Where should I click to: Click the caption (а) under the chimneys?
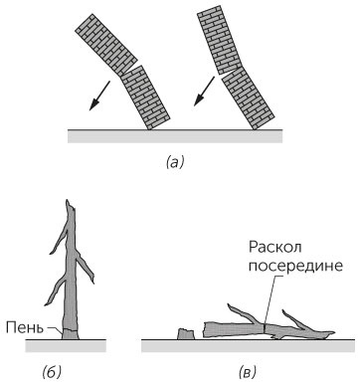174,163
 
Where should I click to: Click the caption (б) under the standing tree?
52,373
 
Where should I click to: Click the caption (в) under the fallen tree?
247,373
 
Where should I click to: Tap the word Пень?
25,327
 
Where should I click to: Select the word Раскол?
274,247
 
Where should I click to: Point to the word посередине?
295,266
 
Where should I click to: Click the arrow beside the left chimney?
98,96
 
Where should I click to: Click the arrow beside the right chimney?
204,91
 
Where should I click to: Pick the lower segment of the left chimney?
145,97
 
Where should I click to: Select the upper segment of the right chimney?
218,40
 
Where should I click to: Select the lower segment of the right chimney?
248,97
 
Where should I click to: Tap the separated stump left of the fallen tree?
186,334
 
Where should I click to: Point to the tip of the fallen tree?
334,332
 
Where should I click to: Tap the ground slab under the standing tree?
66,346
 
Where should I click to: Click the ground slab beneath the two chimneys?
175,136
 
